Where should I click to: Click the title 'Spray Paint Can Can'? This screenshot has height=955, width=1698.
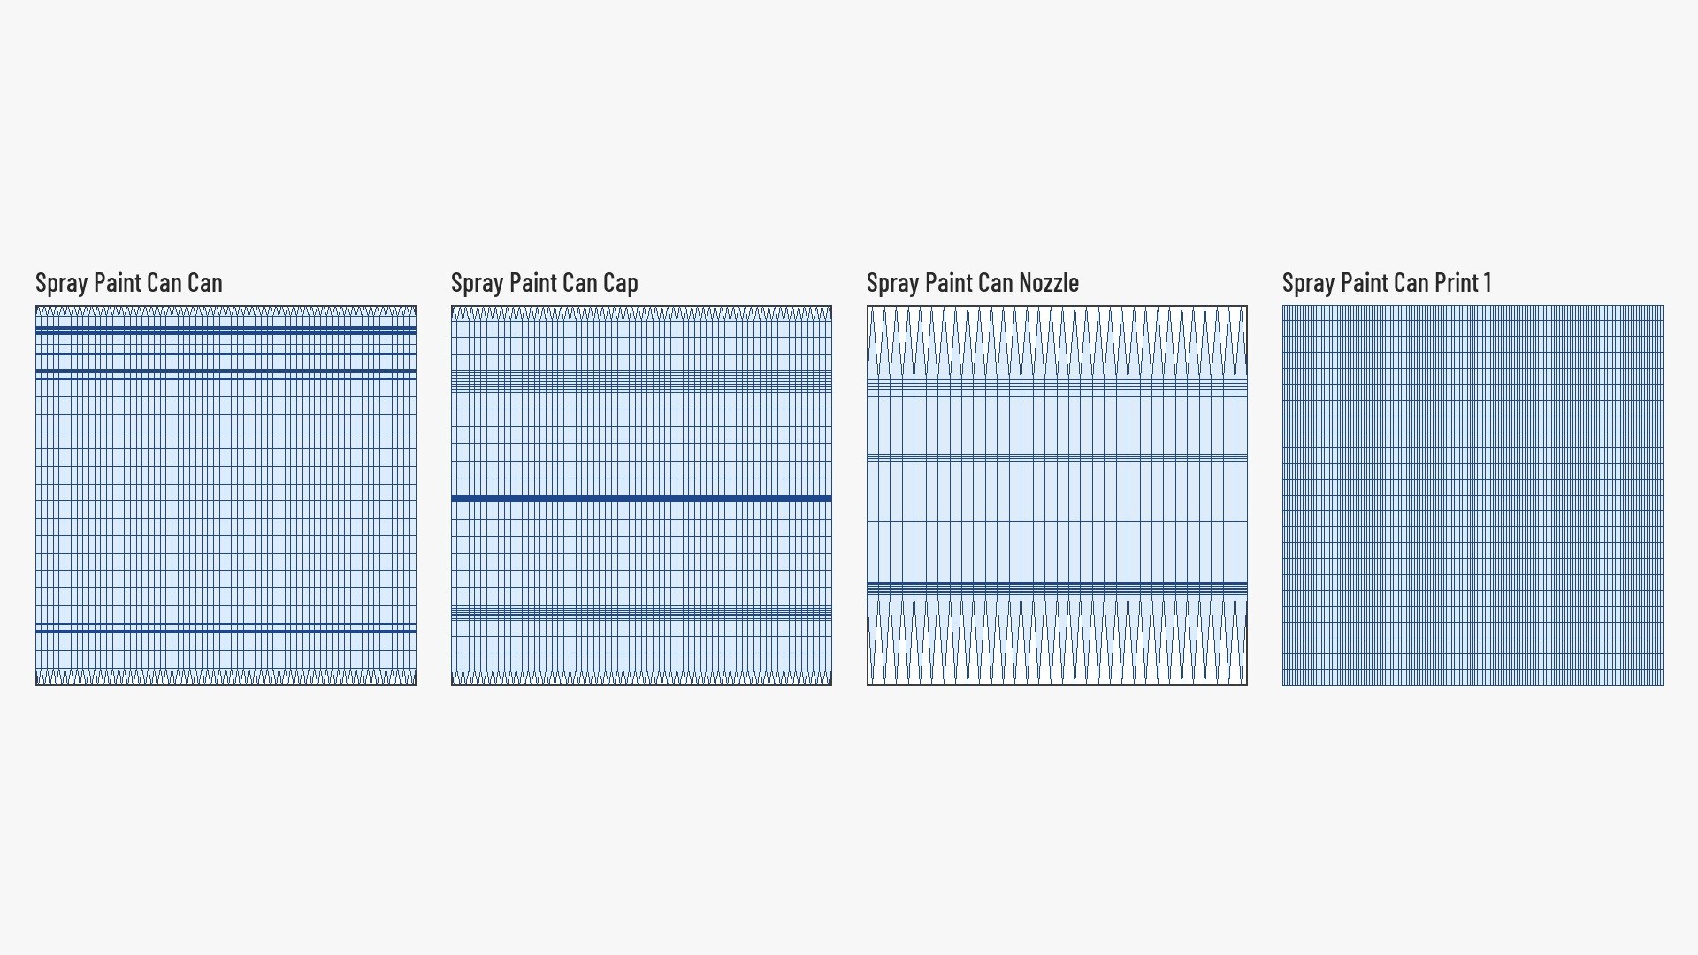pos(129,283)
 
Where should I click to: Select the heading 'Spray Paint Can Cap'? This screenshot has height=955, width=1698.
pos(545,283)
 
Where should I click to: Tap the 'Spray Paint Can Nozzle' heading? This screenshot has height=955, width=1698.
pos(973,283)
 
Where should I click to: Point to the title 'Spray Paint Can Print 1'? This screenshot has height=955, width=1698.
pos(1387,283)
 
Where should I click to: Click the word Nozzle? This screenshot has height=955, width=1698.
pos(1049,283)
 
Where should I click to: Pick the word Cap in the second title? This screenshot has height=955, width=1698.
pos(620,283)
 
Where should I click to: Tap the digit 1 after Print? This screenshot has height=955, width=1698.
pos(1488,283)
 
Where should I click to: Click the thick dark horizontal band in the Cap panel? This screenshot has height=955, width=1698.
pos(641,499)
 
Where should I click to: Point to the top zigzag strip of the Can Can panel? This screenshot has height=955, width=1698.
pos(226,312)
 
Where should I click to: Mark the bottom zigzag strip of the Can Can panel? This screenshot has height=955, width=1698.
pos(226,677)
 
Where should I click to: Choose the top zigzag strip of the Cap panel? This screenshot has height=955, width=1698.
pos(641,313)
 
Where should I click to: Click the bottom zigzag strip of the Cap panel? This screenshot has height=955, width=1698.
pos(641,677)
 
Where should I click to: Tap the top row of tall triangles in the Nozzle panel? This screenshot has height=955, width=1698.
pos(1057,343)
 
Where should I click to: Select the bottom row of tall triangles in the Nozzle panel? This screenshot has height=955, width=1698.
pos(1057,639)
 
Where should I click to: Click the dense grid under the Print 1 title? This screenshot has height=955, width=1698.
pos(1472,495)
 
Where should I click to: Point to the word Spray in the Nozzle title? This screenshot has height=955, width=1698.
pos(892,283)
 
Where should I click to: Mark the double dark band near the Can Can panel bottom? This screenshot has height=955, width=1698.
pos(226,628)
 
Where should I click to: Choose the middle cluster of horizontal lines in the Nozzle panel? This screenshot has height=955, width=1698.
pos(1057,458)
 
